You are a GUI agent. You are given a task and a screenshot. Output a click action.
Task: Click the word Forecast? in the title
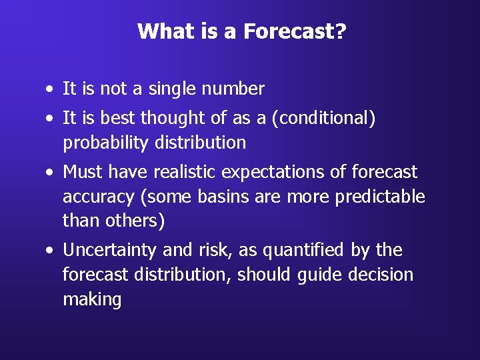pos(294,31)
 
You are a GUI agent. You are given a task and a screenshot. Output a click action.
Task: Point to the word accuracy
pos(97,197)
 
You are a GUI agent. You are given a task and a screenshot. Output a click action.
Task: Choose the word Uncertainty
pos(110,251)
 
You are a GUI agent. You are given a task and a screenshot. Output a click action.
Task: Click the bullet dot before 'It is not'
pos(51,89)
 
